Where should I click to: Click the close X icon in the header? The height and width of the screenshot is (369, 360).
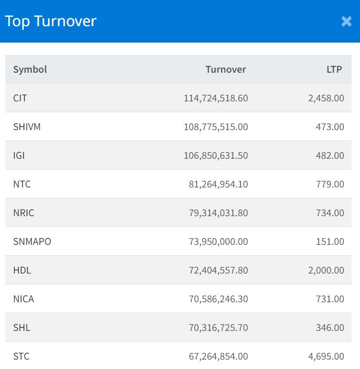click(346, 21)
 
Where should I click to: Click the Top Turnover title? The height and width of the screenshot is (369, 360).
click(50, 21)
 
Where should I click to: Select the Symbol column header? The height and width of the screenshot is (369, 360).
click(30, 69)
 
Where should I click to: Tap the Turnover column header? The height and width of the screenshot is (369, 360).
click(225, 69)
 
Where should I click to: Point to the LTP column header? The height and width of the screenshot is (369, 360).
click(334, 69)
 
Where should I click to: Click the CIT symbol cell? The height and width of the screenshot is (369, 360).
click(20, 98)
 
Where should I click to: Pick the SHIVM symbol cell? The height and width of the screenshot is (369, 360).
click(27, 127)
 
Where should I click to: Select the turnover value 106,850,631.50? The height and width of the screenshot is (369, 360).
click(216, 155)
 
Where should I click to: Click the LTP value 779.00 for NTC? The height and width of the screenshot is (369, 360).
click(330, 184)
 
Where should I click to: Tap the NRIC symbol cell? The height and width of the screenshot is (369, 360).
click(24, 213)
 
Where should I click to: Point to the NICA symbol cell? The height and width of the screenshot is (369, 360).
click(24, 299)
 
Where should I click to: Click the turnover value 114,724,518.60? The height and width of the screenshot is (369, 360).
click(216, 98)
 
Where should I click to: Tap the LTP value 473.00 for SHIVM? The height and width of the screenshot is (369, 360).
click(330, 127)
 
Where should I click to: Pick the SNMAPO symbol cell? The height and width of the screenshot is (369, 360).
click(32, 241)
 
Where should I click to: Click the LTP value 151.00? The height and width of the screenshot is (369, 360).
click(330, 241)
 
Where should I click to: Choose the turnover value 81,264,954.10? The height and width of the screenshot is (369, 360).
click(218, 184)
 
